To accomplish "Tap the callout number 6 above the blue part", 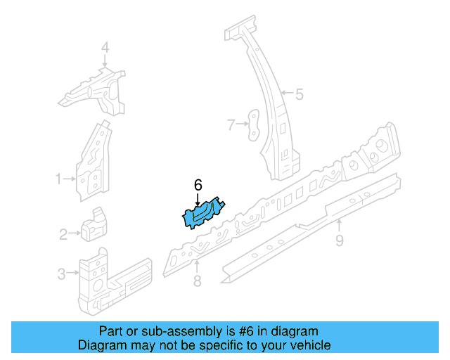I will tap(198, 185).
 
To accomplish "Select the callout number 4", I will tap(105, 48).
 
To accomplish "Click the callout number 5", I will tap(299, 94).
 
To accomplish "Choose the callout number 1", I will tap(59, 179).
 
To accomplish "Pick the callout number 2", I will tap(63, 234).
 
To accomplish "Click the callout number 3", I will tap(61, 273).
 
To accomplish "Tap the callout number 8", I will tap(197, 281).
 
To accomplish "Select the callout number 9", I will tap(339, 241).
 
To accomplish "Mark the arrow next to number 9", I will tap(339, 226).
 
